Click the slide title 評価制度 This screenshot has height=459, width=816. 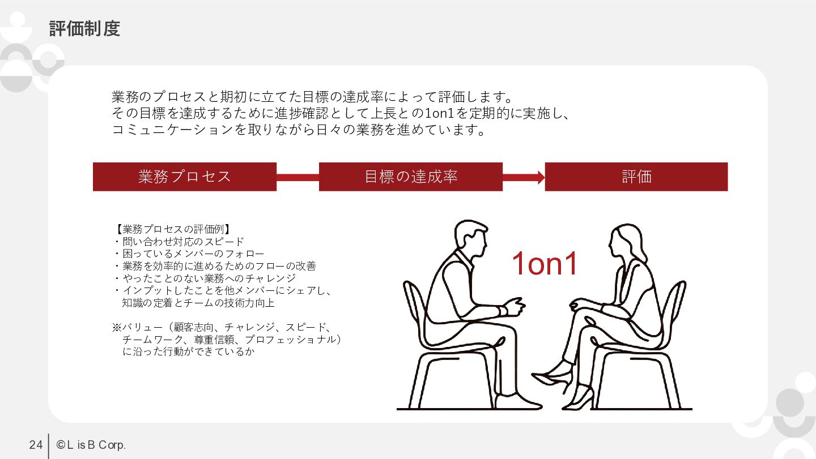[84, 29]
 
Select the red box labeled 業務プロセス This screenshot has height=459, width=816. [185, 177]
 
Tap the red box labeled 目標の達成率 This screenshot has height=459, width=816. [411, 177]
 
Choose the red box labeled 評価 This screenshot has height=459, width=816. [636, 177]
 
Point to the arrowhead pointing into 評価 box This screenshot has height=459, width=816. [541, 178]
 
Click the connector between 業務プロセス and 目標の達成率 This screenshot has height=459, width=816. [297, 178]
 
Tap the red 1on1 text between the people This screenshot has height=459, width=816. [545, 263]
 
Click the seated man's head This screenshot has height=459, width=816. [471, 238]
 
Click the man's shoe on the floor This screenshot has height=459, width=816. [518, 401]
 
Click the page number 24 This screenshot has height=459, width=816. [36, 445]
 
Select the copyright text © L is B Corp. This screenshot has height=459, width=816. [91, 445]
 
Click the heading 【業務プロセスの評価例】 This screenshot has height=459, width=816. [173, 229]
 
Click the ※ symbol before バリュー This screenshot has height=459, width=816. [117, 327]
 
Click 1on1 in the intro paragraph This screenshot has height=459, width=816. [440, 114]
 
